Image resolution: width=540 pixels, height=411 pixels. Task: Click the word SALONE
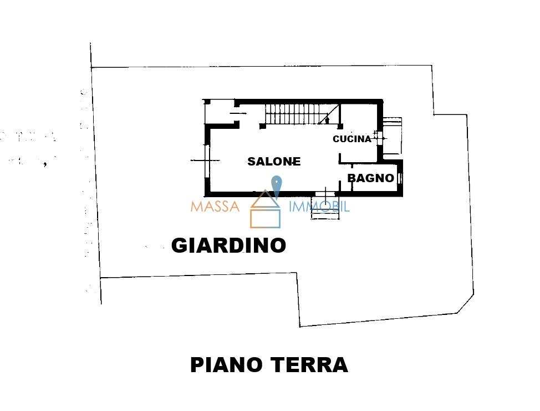[274, 162]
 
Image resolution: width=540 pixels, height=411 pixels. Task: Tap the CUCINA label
[352, 139]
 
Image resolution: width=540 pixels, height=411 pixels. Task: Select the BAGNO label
[370, 178]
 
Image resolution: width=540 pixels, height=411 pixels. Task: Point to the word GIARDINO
[228, 245]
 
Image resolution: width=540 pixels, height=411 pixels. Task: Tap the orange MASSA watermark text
[215, 207]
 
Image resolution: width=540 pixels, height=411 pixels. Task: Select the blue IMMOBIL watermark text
[319, 207]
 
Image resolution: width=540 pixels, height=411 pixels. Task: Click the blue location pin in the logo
[276, 184]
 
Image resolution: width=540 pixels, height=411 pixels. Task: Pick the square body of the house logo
[265, 218]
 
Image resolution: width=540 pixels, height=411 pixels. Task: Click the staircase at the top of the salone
[294, 114]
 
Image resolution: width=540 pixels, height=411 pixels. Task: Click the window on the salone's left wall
[206, 161]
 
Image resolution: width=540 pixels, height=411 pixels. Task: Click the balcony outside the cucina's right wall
[391, 137]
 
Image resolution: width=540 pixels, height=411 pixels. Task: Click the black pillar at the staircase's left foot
[263, 127]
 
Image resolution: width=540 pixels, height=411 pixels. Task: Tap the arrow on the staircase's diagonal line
[327, 118]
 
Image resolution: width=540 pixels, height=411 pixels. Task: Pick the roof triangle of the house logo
[265, 200]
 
